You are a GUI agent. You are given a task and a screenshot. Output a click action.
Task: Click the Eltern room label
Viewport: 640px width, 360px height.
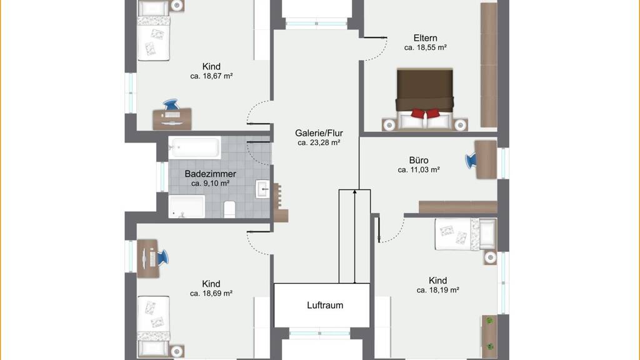point(425,38)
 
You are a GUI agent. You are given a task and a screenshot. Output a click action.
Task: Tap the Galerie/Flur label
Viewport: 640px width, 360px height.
point(319,133)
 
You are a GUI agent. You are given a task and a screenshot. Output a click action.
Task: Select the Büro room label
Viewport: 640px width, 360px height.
point(419,161)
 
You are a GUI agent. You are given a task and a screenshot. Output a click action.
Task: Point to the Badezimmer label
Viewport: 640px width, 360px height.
point(210,174)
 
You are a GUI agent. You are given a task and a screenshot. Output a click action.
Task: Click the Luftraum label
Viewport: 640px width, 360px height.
point(325,305)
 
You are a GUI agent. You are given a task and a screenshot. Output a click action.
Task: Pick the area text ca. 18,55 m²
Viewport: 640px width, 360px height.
point(425,47)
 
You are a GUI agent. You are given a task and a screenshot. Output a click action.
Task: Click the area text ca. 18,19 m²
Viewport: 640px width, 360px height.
point(438,290)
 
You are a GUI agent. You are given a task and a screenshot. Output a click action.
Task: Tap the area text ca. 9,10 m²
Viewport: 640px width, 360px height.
point(210,184)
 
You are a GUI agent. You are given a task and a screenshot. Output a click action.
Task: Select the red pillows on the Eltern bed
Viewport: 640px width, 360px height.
point(425,113)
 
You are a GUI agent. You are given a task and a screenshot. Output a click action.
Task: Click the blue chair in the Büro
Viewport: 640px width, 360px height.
point(471,161)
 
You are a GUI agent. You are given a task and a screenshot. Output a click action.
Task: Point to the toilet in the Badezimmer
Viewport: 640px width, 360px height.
point(229,209)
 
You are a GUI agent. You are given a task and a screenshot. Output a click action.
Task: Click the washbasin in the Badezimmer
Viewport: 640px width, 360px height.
point(262,189)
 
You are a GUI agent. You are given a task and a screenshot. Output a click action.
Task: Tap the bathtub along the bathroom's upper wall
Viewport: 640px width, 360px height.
point(195,147)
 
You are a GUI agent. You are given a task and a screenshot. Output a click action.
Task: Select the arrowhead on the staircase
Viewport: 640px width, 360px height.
point(355,192)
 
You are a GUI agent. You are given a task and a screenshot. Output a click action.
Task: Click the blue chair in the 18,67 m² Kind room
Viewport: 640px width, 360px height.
point(171,104)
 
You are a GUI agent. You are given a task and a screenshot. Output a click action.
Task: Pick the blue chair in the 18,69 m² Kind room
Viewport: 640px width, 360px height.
point(162,257)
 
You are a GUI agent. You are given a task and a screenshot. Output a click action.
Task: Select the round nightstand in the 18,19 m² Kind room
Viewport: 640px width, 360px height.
point(490,257)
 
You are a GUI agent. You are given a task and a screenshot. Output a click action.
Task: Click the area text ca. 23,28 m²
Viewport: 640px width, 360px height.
point(319,143)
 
